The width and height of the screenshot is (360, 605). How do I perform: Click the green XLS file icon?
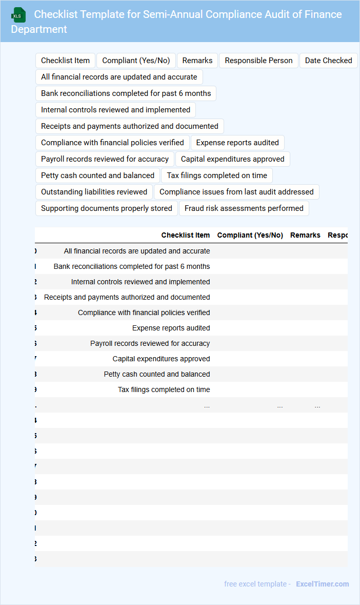(18, 15)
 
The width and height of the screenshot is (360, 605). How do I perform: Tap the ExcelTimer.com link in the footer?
(322, 584)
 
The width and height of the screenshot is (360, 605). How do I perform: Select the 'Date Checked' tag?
(328, 61)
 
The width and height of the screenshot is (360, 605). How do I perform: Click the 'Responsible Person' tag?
(258, 61)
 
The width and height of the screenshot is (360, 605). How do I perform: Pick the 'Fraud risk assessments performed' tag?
(244, 208)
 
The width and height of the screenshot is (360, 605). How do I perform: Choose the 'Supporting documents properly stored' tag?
(107, 208)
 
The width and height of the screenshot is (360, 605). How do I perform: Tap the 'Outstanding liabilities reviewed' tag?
(94, 192)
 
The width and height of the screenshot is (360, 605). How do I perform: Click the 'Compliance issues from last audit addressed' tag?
(236, 192)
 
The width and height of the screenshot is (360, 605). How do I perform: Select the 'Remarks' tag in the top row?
(197, 61)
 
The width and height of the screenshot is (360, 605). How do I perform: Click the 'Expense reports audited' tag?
(237, 143)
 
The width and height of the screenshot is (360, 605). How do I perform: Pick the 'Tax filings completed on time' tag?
(217, 175)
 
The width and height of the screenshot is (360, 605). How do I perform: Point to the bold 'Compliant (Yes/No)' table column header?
(250, 235)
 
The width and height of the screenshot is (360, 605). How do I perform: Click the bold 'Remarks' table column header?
(305, 235)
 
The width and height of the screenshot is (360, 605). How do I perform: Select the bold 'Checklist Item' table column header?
(186, 235)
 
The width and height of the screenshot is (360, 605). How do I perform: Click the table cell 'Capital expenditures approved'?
(161, 359)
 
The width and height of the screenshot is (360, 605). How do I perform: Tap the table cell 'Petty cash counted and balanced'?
(157, 374)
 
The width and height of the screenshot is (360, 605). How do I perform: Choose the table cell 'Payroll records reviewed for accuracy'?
(150, 343)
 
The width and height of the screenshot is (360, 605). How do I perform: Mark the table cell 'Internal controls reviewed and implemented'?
(141, 282)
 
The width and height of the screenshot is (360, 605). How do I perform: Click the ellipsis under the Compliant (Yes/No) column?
(280, 405)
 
